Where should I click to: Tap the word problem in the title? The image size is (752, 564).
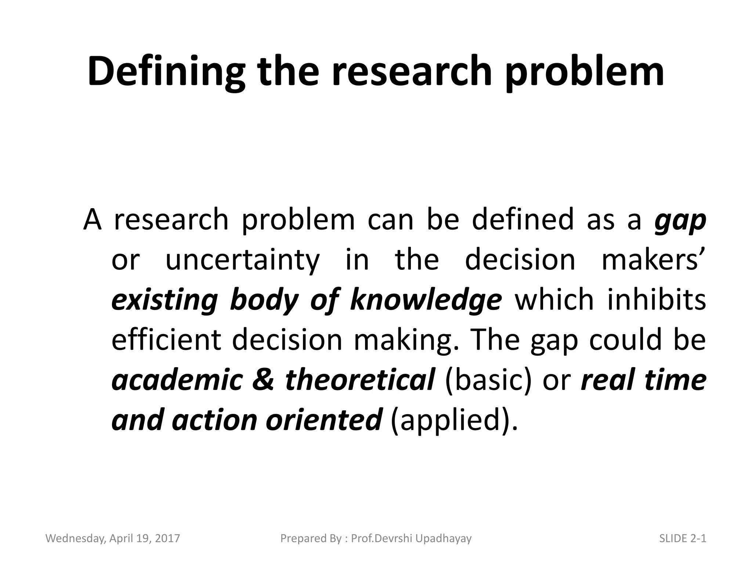pos(585,72)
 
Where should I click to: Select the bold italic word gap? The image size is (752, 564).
pos(680,220)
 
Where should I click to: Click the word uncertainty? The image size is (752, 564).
pos(243,260)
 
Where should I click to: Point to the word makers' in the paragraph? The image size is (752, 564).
pos(653,260)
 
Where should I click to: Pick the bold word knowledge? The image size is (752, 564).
pos(426,300)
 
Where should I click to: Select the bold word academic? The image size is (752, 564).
pos(177,380)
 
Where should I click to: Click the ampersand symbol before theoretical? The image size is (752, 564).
pos(263,380)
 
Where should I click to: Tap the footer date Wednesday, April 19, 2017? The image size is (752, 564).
pos(113,539)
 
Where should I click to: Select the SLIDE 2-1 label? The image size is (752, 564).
pos(683,539)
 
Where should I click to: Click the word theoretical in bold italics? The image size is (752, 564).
pos(360,380)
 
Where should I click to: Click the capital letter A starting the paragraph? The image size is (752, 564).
pos(92,220)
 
